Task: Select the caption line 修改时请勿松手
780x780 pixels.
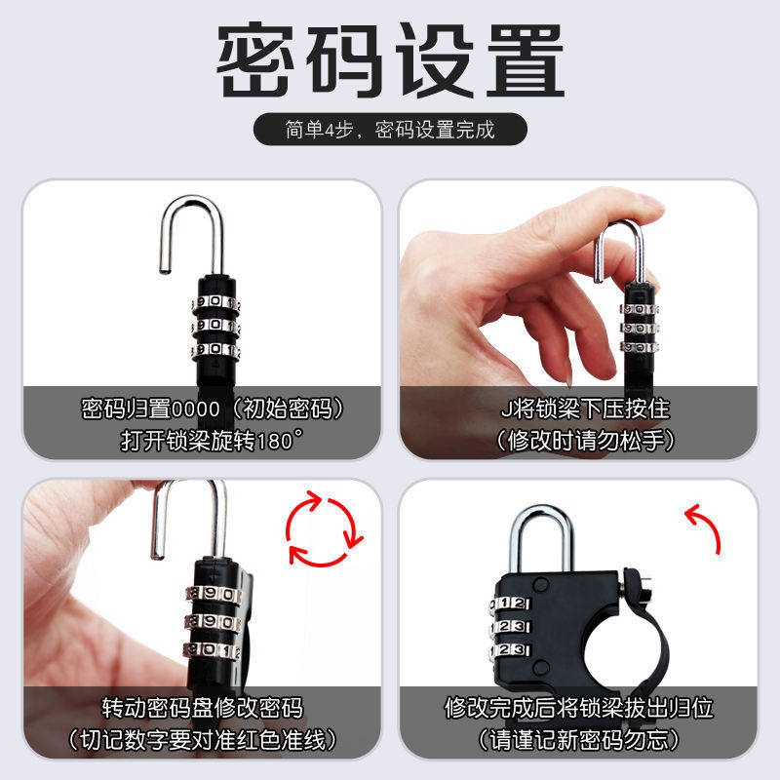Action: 585,439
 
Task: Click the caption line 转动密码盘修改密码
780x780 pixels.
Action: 203,706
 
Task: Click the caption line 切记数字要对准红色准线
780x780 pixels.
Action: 203,738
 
